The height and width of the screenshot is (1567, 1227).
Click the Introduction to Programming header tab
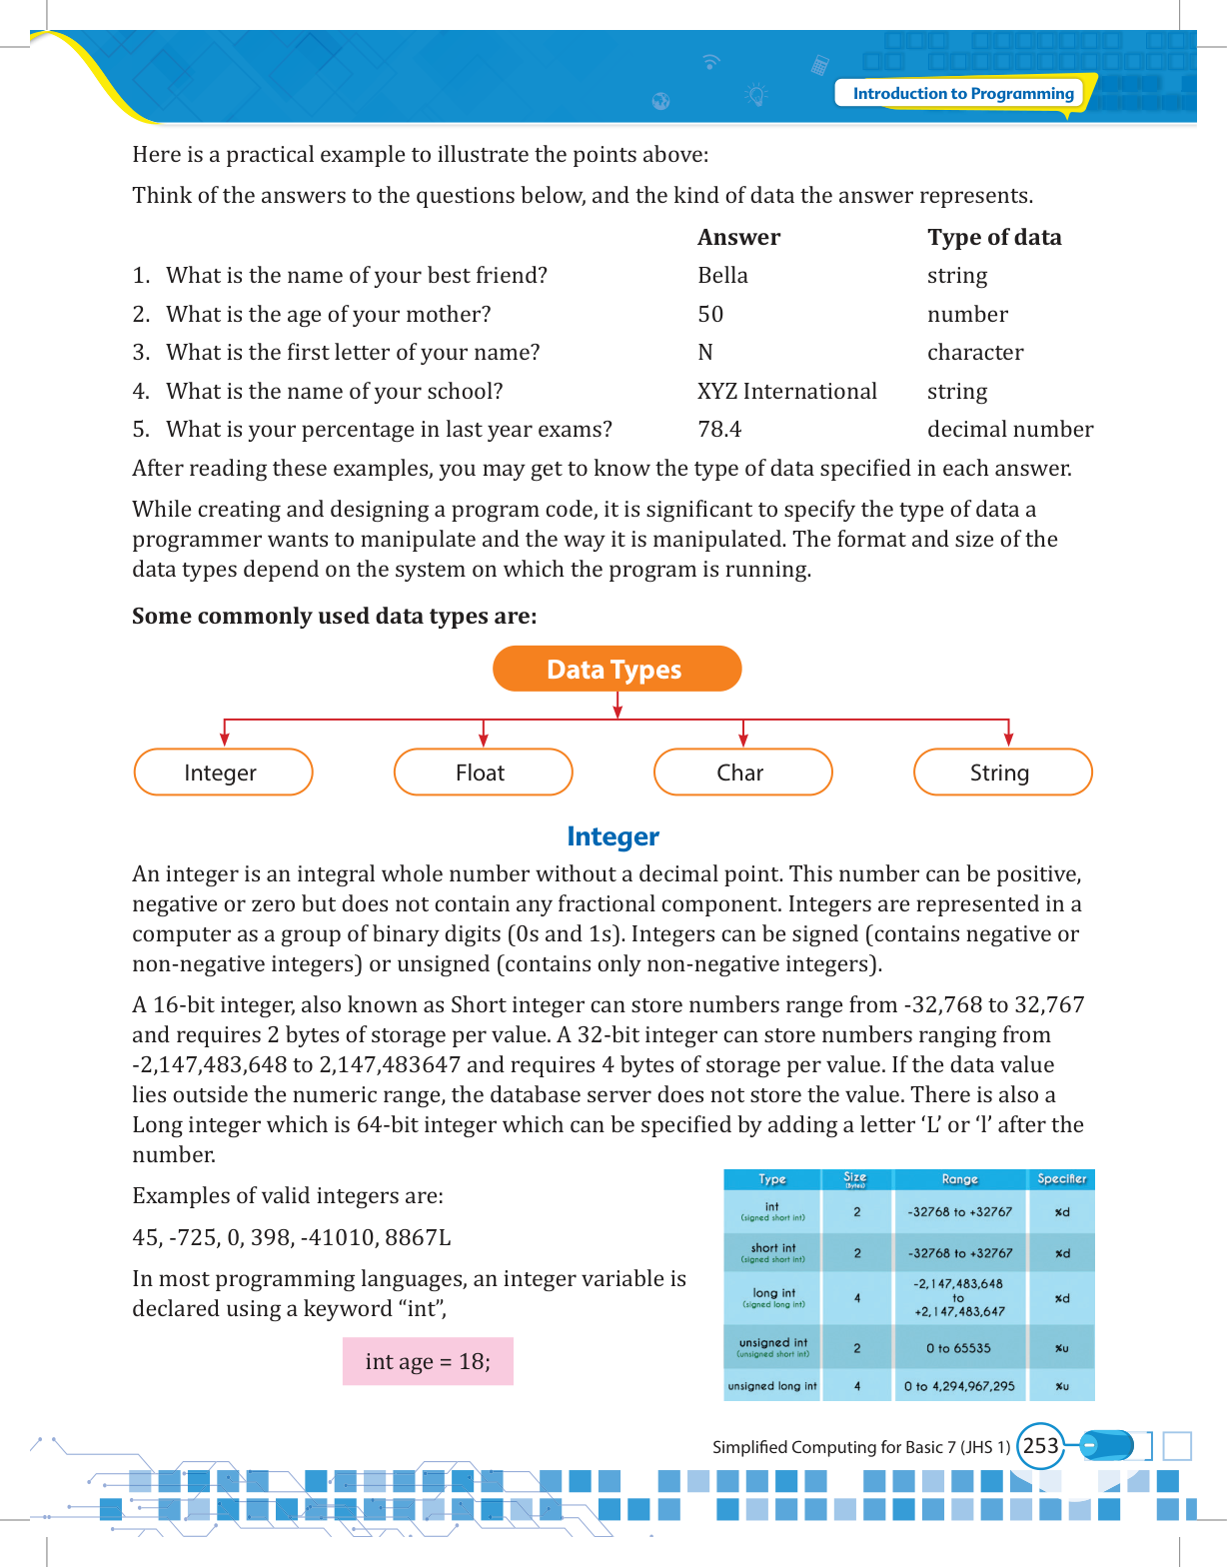pos(962,94)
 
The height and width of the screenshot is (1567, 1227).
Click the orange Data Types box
pos(616,669)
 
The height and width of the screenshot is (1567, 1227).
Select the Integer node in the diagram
pos(223,773)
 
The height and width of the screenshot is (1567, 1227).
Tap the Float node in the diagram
pos(483,773)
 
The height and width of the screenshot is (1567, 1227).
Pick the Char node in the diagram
pos(742,773)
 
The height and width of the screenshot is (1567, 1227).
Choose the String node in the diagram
pos(1002,773)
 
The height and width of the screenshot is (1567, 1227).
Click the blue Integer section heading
pos(613,836)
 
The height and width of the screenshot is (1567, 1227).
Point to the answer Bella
pos(722,276)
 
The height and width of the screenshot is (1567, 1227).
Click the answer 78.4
pos(719,430)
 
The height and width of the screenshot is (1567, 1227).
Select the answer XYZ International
pos(786,392)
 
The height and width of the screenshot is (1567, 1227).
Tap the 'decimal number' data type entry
pos(1009,430)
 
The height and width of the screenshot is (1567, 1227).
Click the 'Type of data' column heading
pos(993,238)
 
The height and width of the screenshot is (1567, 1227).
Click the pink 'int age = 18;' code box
pos(428,1361)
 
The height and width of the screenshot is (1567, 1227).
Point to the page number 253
pos(1040,1446)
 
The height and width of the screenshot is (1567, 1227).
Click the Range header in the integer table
pos(959,1179)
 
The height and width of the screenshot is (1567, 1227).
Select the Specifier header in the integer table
pos(1061,1179)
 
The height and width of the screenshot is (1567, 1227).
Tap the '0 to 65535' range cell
pos(958,1348)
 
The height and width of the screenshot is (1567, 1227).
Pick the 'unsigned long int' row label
pos(772,1386)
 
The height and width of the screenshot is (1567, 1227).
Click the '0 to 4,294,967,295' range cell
pos(959,1386)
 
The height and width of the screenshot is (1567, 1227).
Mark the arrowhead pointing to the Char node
pos(742,741)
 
